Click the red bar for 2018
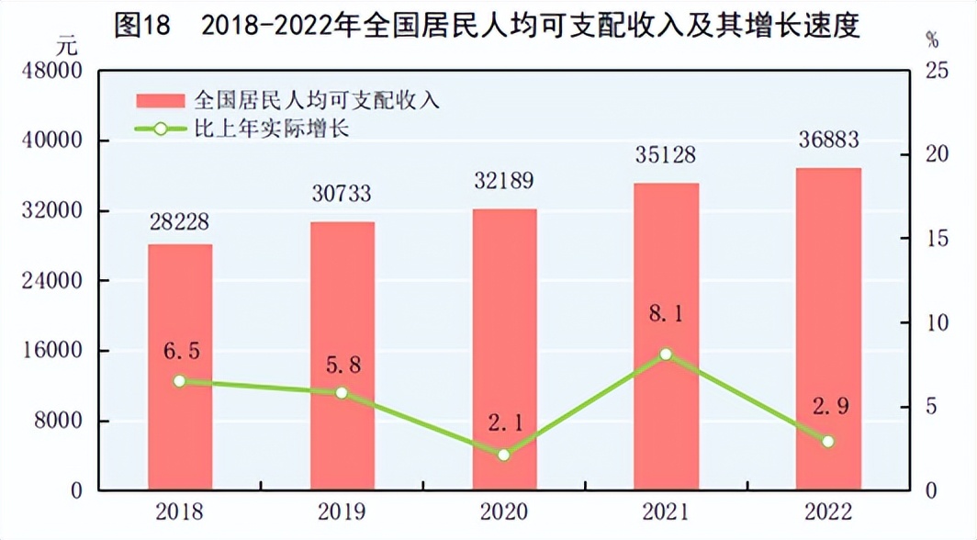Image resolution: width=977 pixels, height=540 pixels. [x=180, y=366]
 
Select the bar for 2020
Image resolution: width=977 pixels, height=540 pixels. [x=504, y=349]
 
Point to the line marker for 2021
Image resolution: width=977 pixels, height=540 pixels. [x=667, y=354]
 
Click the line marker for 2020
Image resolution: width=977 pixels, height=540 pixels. [x=504, y=455]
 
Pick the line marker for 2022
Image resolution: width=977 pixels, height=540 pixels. [x=828, y=441]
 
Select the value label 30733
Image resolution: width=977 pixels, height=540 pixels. [x=343, y=195]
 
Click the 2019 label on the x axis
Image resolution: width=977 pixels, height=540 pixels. [x=343, y=511]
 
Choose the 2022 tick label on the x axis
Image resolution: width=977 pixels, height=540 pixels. [x=828, y=511]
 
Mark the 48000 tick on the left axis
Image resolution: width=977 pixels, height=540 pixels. [x=54, y=72]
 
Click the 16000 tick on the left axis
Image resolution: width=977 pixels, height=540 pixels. [x=54, y=352]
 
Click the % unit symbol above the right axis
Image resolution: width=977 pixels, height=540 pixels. [x=933, y=40]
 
